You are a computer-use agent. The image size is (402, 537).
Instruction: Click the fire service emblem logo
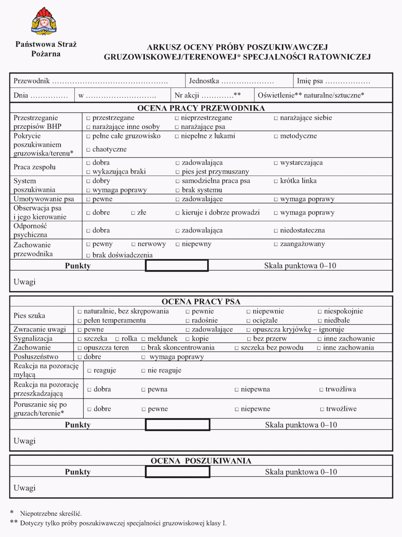click(x=44, y=21)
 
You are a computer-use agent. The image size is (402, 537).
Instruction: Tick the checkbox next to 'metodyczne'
click(x=276, y=136)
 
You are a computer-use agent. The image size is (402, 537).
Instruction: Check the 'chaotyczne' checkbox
click(x=88, y=149)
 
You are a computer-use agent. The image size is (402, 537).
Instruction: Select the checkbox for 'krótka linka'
click(x=276, y=181)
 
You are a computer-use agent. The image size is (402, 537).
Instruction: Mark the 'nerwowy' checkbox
click(x=133, y=244)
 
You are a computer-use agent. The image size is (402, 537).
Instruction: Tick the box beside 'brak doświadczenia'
click(x=88, y=255)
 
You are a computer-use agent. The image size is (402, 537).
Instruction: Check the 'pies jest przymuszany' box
click(x=177, y=172)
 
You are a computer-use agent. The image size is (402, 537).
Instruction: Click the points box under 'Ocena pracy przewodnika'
click(x=177, y=266)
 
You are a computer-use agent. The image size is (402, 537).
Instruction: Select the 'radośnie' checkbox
click(x=188, y=321)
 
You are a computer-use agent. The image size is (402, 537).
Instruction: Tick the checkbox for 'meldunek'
click(x=143, y=339)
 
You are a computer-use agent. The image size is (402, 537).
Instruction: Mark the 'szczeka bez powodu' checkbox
click(x=237, y=348)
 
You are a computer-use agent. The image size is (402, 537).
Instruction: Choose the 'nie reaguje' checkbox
click(x=143, y=371)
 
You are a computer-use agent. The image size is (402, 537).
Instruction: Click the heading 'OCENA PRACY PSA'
click(x=201, y=301)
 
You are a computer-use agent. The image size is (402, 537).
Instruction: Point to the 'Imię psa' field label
click(x=310, y=81)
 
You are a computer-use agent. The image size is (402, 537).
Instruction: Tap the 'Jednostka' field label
click(x=204, y=81)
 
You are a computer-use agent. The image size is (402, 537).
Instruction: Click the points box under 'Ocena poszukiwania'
click(x=178, y=472)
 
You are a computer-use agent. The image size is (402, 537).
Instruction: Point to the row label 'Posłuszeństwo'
click(x=36, y=357)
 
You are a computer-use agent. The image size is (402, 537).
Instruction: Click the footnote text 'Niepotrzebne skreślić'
click(x=51, y=514)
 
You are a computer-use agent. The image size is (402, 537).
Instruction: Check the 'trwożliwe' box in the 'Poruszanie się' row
click(x=322, y=409)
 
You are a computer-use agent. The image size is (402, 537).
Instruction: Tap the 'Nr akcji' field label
click(x=187, y=95)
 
